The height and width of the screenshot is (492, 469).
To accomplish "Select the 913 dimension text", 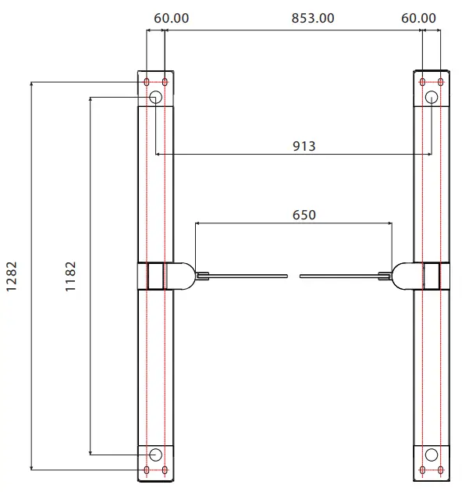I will tap(304, 145).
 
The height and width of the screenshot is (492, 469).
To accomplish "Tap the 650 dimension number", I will tap(304, 214).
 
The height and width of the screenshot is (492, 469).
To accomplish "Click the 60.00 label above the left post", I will tap(170, 18).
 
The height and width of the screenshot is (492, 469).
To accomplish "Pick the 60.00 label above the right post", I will tap(419, 18).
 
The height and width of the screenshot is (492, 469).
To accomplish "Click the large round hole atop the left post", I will tap(155, 97).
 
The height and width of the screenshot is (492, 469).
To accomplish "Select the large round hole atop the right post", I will tap(431, 97).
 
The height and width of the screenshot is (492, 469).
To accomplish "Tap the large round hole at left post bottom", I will tap(155, 455).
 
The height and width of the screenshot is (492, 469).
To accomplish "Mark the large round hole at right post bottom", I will tap(431, 455).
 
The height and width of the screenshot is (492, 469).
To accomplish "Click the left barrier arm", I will tap(246, 275).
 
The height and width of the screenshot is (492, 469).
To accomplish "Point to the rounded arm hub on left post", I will tap(182, 275).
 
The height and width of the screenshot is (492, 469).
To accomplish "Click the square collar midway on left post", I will tap(153, 275).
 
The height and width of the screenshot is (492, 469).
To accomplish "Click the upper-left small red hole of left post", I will tap(147, 81).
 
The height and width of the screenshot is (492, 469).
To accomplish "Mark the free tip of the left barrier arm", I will tap(286, 275).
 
